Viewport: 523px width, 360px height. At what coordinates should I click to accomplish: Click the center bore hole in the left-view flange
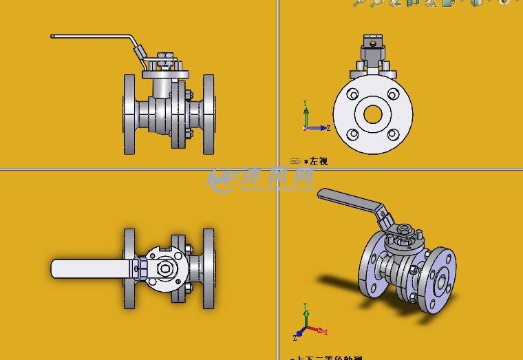(373, 114)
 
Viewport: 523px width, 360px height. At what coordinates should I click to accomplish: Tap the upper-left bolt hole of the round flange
(353, 94)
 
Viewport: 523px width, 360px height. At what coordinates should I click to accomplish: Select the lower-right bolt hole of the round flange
(393, 134)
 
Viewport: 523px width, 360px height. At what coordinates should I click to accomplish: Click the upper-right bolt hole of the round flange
(393, 94)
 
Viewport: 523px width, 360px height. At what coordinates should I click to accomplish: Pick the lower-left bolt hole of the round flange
(353, 134)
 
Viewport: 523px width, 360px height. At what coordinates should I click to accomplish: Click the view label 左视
(318, 161)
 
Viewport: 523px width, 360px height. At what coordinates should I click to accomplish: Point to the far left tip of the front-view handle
(52, 36)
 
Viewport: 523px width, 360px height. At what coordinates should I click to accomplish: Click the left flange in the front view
(129, 114)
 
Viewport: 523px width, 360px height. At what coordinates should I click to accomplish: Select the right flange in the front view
(209, 114)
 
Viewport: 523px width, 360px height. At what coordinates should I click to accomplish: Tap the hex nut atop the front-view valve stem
(165, 54)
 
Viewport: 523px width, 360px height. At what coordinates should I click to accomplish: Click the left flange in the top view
(129, 269)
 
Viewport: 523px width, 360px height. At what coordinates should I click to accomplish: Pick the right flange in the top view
(209, 269)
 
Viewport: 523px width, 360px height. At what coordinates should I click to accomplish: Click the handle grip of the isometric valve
(348, 199)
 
